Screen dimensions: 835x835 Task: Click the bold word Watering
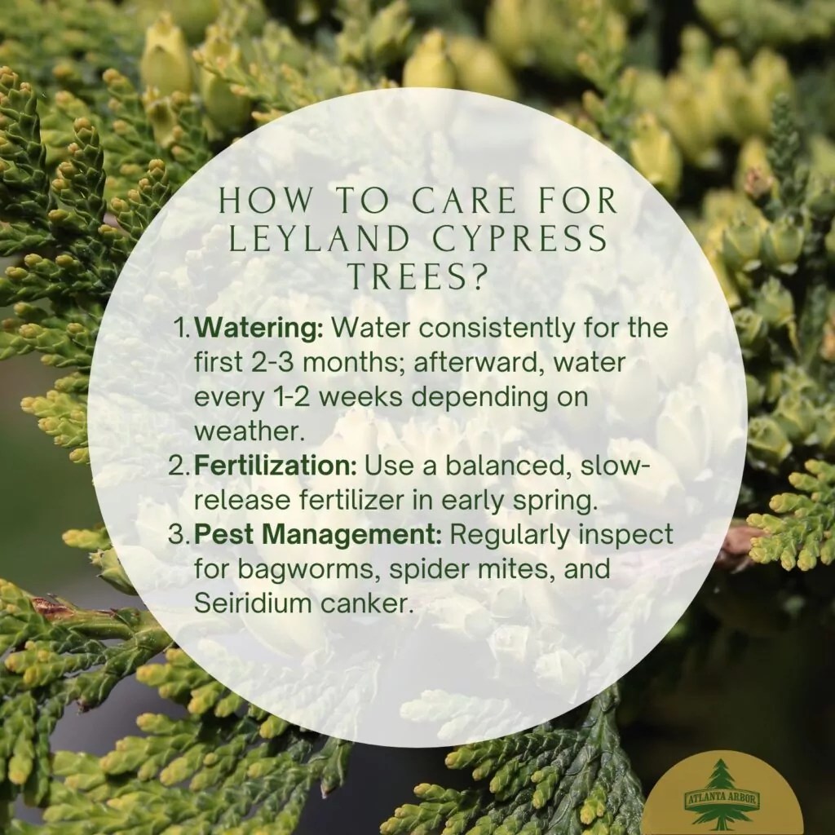coord(258,328)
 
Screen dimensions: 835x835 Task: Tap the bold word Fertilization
coord(276,466)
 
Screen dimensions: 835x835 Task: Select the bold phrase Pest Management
coord(318,534)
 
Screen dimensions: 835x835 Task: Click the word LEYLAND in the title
coord(319,239)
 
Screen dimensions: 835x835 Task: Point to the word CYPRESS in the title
coord(519,239)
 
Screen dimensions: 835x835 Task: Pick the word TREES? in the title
coord(418,276)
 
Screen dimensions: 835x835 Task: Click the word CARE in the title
coord(464,201)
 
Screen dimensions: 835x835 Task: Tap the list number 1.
coord(182,328)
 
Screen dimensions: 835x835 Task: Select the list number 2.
coord(179,466)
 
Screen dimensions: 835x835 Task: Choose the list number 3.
coord(179,535)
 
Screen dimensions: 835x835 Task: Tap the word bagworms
coord(308,570)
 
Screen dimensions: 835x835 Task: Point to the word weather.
coord(250,431)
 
